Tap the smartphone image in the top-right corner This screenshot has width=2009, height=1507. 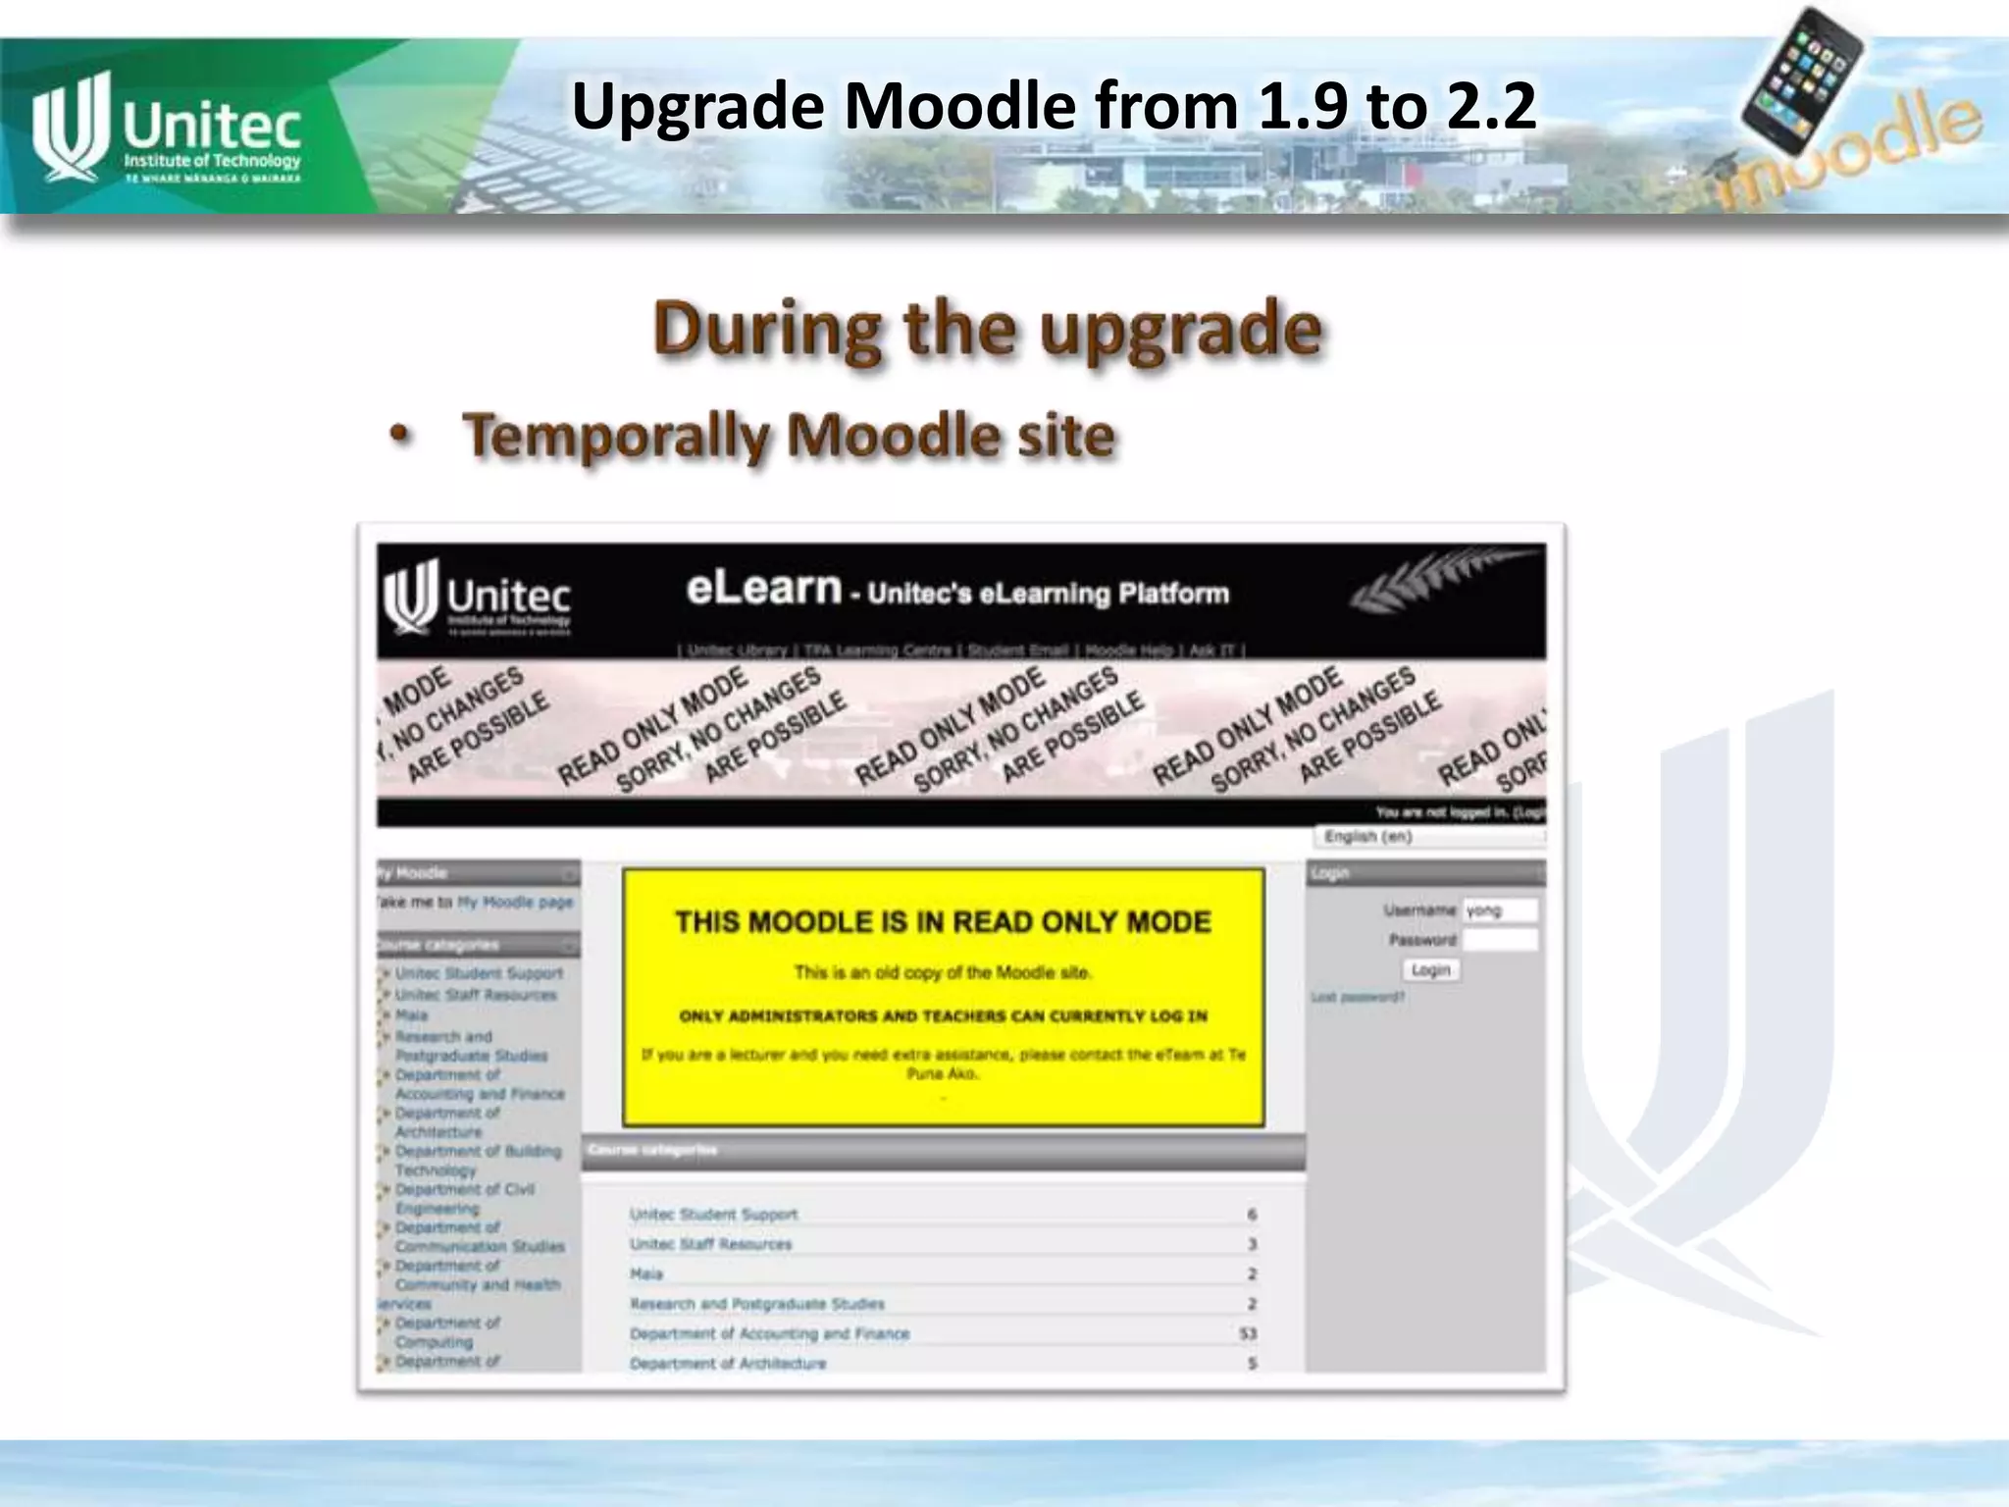1803,78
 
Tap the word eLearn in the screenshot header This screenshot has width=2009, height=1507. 763,589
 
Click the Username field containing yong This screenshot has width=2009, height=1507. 1499,910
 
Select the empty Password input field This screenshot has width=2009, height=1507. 1499,940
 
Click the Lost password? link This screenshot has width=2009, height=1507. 1358,997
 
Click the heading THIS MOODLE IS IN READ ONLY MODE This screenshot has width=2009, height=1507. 943,922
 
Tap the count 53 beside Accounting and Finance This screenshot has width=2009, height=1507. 1248,1333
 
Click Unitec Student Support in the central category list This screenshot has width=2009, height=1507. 713,1215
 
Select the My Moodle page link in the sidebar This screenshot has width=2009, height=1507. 515,902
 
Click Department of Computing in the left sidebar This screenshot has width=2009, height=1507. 447,1332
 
